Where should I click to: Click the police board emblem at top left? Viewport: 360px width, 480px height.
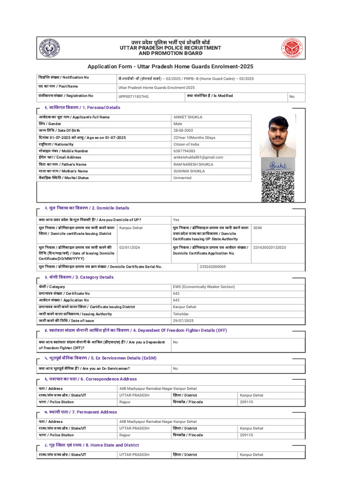coord(49,48)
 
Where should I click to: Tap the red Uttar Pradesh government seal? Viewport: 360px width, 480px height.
coord(292,48)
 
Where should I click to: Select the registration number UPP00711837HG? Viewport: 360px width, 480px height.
coord(133,97)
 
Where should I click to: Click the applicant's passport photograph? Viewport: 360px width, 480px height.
coord(277,136)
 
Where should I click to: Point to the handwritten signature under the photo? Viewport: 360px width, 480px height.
coord(278,164)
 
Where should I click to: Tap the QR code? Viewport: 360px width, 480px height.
coord(277,187)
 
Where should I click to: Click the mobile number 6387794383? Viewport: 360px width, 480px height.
coord(184,151)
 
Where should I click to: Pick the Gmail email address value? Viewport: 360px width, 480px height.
coord(198,157)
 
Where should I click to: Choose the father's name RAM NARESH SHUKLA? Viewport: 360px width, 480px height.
coord(193,165)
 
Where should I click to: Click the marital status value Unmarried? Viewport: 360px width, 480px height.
coord(182,178)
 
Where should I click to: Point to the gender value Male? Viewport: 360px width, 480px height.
coord(178,124)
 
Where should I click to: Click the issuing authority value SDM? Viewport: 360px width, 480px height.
coord(257,228)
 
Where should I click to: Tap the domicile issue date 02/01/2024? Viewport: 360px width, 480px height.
coord(129,247)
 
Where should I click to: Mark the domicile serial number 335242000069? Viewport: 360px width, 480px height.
coord(212,267)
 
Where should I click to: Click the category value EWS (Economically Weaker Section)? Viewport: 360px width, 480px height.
coord(203,287)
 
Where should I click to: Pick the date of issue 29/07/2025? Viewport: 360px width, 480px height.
coord(183,321)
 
